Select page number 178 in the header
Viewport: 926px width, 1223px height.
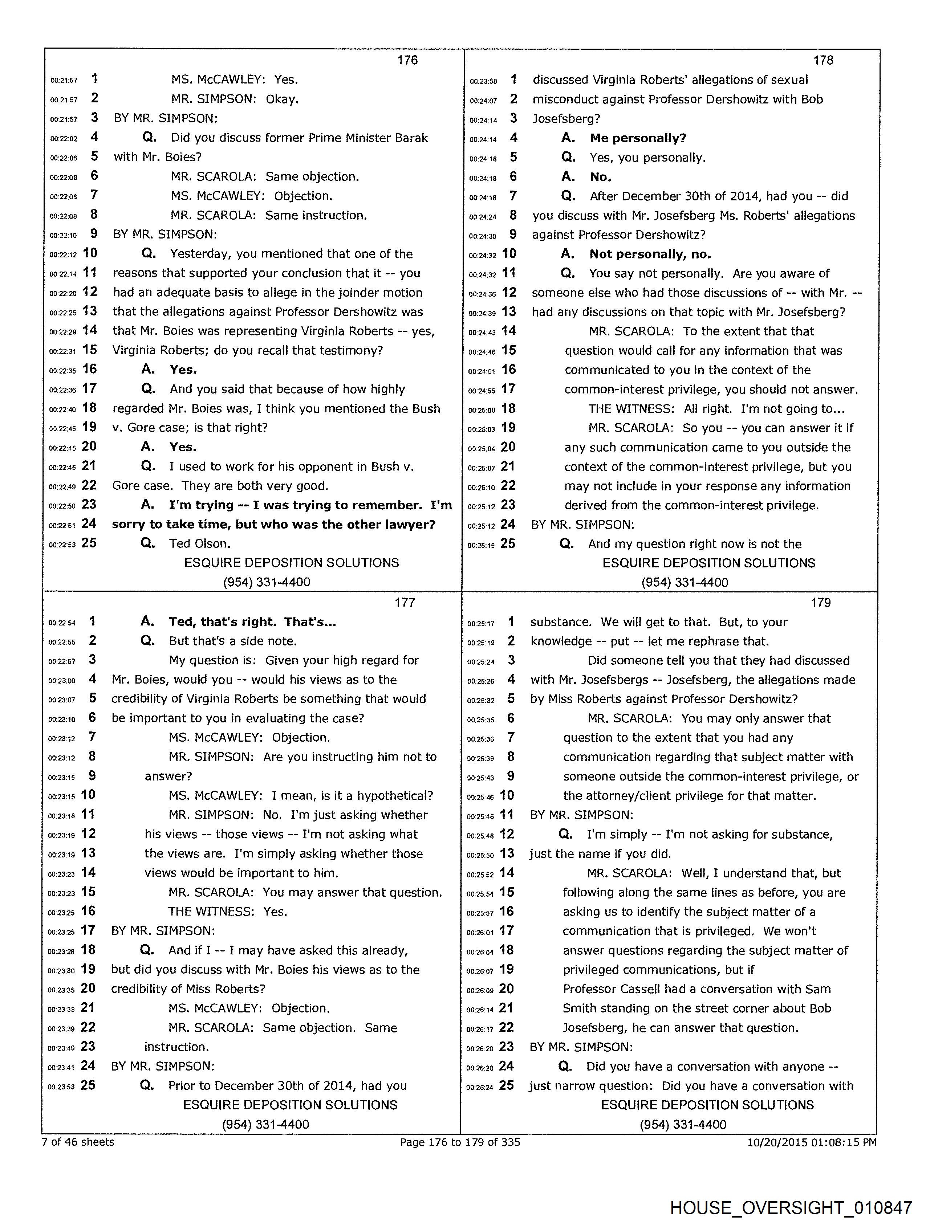click(x=823, y=60)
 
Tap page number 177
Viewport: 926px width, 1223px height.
click(x=405, y=603)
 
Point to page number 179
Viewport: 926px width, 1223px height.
click(x=821, y=603)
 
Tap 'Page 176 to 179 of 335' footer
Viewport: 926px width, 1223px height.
click(x=460, y=1142)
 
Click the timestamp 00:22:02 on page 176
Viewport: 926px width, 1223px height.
click(x=64, y=139)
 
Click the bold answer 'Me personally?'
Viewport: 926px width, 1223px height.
click(x=638, y=138)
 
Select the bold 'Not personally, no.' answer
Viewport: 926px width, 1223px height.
click(x=650, y=254)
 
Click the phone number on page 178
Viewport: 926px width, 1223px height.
click(x=685, y=582)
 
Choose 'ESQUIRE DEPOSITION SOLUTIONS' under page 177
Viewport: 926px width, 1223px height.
click(x=291, y=1105)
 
